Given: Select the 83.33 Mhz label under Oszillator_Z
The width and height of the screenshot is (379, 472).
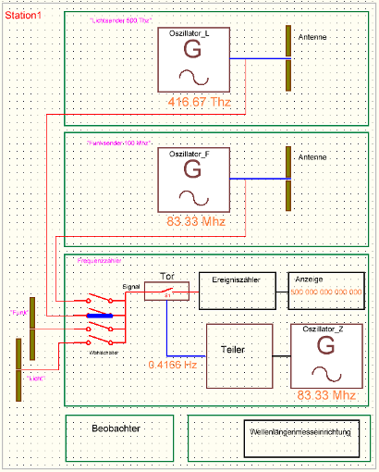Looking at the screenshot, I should click(x=326, y=395).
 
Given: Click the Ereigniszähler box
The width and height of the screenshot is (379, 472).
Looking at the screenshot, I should click(x=238, y=292).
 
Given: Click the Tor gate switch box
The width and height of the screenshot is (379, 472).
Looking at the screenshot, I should click(x=167, y=292).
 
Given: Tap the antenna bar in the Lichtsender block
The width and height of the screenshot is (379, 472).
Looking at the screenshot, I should click(x=287, y=58).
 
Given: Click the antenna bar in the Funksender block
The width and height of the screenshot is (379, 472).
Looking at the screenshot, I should click(x=287, y=178).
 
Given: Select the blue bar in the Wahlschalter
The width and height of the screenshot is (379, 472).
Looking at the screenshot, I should click(x=99, y=316).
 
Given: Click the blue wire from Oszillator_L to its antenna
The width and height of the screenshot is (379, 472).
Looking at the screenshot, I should click(x=256, y=60).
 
